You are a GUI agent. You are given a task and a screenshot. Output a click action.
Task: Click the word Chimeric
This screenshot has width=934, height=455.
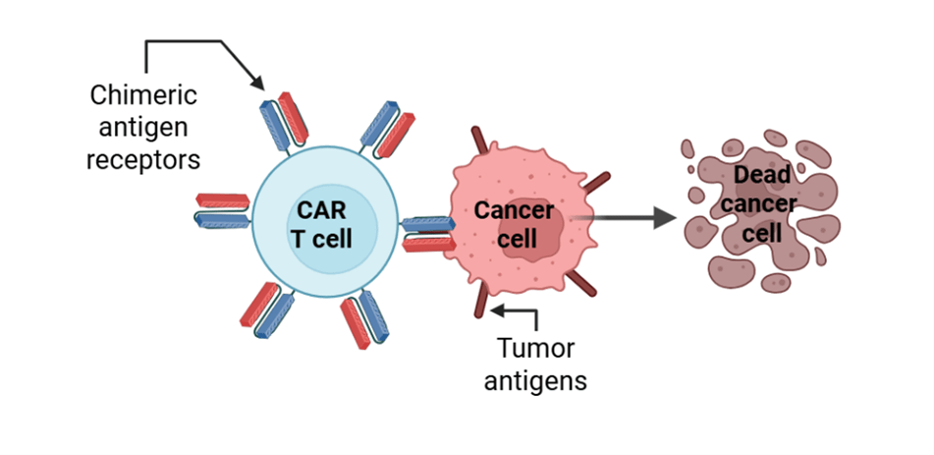point(143,95)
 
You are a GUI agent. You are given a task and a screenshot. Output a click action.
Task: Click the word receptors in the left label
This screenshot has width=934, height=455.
point(143,157)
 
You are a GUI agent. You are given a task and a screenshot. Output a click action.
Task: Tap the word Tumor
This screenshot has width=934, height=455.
point(535,348)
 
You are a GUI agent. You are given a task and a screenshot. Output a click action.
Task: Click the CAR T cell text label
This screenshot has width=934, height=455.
point(320,223)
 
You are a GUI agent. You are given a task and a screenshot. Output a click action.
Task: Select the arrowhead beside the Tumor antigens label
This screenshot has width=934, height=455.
point(497,312)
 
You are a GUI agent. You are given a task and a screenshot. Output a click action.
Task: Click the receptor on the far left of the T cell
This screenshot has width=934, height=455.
point(224,209)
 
